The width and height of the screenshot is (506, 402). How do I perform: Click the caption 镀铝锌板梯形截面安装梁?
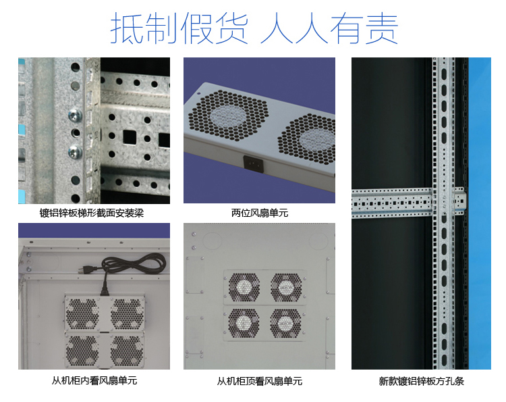point(92,213)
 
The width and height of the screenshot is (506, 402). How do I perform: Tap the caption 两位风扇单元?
point(260,213)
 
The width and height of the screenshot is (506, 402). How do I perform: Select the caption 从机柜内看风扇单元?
point(94,380)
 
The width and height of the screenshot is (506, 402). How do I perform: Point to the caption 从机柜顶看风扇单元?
point(260,381)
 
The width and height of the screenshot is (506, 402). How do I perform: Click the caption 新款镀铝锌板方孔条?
point(422,381)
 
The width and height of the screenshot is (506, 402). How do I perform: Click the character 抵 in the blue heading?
point(127,28)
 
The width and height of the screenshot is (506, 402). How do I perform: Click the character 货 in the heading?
point(231,28)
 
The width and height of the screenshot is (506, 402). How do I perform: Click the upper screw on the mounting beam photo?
point(75,116)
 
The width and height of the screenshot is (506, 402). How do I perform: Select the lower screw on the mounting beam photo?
point(75,152)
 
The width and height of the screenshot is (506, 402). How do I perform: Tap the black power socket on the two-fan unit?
point(254,164)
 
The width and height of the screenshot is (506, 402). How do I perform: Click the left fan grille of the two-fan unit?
point(228,116)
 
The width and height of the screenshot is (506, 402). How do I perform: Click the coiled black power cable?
point(134,263)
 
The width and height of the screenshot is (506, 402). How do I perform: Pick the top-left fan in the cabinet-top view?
point(244,287)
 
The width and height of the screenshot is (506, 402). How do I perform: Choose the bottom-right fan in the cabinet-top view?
point(285,323)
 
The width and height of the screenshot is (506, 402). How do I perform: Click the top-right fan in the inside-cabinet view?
point(127,313)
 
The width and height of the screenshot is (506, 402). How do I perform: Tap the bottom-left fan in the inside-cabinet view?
point(82,351)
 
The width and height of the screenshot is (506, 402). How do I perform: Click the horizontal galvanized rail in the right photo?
point(409,203)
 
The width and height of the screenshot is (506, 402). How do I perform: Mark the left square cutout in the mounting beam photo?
point(130,137)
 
